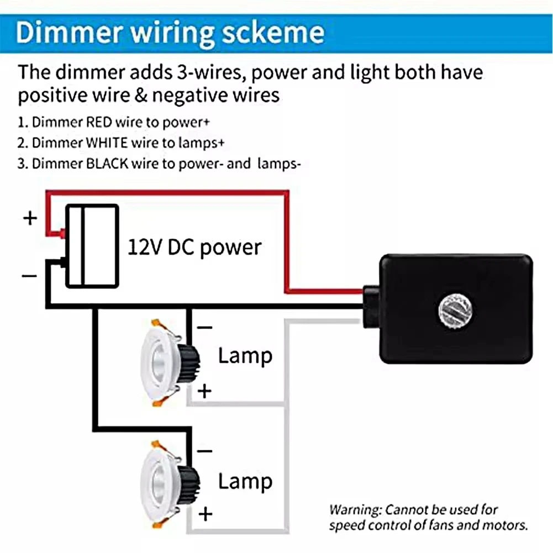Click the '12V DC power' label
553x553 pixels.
pos(194,246)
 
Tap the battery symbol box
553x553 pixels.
pos(92,246)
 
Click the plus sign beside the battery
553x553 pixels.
pos(30,218)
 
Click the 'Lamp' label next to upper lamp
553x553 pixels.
pos(245,356)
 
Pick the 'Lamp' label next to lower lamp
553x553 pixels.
pos(245,481)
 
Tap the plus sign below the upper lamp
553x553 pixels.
pos(205,392)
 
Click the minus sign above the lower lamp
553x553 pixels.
pos(204,451)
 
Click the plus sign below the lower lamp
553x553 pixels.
pos(205,514)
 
